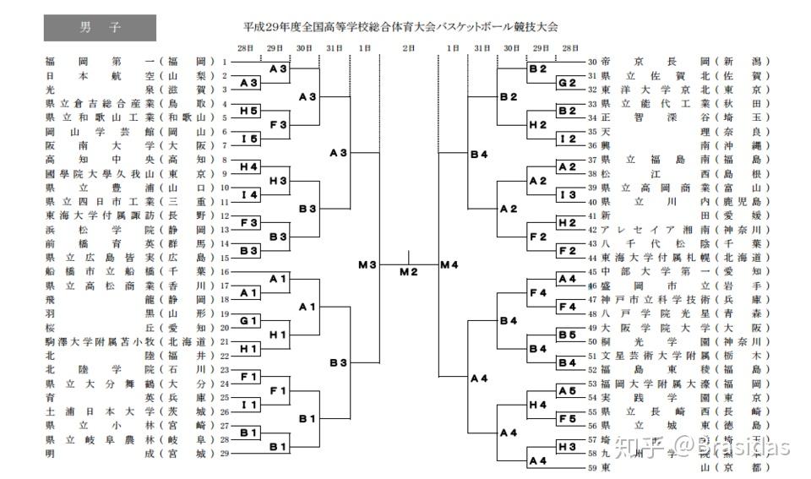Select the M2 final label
[x=409, y=271]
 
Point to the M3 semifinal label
[x=367, y=265]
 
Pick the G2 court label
[x=566, y=83]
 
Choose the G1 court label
[x=248, y=321]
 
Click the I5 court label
[x=248, y=139]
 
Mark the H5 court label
[x=248, y=111]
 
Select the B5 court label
[x=566, y=335]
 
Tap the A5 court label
[x=566, y=390]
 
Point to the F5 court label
[x=566, y=418]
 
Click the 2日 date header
[x=409, y=48]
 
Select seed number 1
[x=225, y=62]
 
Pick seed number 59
[x=593, y=467]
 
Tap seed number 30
[x=593, y=62]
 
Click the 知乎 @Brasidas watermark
[x=701, y=446]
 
